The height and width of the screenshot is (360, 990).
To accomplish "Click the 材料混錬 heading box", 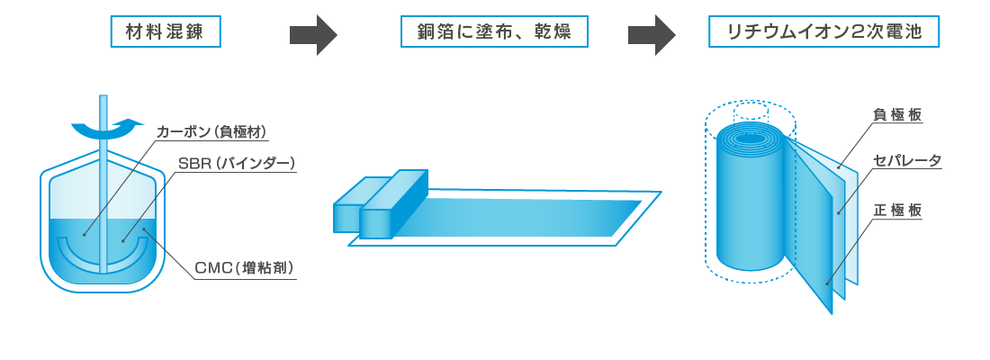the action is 166,31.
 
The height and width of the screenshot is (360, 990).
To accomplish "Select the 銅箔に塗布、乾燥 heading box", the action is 494,31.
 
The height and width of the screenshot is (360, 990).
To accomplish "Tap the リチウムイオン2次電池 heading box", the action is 823,31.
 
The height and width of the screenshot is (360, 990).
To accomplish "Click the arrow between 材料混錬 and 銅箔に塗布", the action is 313,35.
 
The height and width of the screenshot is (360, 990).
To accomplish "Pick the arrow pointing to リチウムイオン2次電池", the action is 652,35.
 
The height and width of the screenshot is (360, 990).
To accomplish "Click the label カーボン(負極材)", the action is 212,132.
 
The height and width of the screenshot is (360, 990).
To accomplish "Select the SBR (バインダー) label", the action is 236,164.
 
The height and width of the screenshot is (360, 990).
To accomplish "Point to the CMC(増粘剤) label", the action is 244,268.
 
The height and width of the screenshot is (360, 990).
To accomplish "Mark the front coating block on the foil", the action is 392,204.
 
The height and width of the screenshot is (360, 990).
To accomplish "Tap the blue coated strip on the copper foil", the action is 517,218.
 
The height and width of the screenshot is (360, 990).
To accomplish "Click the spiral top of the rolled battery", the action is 750,139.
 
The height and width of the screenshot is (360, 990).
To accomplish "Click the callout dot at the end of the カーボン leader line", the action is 84,235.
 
